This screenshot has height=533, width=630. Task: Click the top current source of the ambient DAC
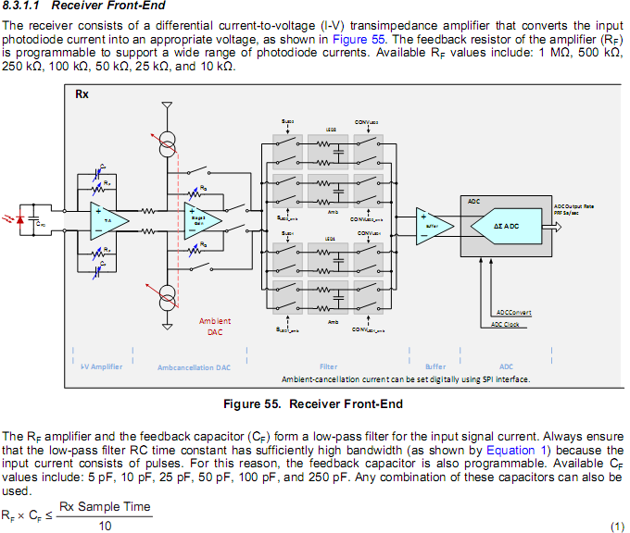pos(168,141)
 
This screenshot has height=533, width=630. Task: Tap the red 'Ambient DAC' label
pos(215,327)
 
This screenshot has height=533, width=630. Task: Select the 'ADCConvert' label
pos(513,313)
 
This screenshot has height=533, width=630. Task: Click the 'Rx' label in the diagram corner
pos(82,94)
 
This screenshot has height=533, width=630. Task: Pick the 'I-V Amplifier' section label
pos(100,366)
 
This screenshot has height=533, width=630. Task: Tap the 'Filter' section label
pos(328,366)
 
